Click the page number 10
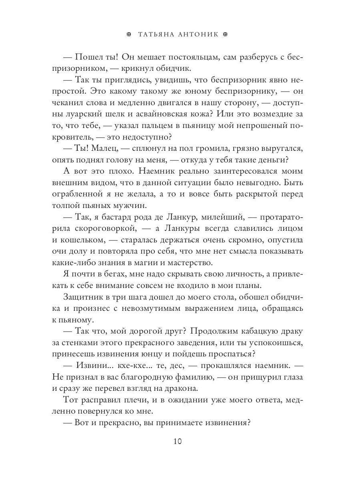coord(178,442)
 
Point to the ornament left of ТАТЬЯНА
coord(128,34)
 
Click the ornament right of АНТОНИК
coord(225,34)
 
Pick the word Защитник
coord(84,298)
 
